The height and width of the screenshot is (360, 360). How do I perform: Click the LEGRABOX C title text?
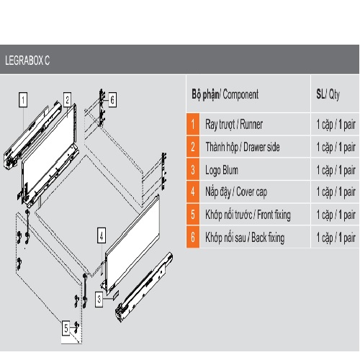tap(27, 60)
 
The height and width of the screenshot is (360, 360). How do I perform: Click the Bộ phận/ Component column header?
tap(225, 94)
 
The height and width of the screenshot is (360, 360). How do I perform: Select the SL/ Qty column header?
tap(328, 94)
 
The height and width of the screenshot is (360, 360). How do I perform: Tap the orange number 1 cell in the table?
tap(193, 124)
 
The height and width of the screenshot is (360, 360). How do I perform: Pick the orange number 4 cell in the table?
tap(193, 192)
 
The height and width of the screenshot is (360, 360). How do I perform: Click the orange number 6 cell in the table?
tap(193, 237)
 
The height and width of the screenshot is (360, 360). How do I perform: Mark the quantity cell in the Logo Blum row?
tap(336, 170)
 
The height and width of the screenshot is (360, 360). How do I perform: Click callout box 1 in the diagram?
tap(23, 99)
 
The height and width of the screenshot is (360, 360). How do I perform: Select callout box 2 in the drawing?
tap(68, 99)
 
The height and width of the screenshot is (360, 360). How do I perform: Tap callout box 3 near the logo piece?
tap(99, 300)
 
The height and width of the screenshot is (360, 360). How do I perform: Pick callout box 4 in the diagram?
tap(102, 235)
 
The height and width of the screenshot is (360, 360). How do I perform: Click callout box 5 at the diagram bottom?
tap(66, 328)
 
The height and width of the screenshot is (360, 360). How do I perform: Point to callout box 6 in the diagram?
tap(112, 99)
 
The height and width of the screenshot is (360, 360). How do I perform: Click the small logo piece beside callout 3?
tap(115, 294)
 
